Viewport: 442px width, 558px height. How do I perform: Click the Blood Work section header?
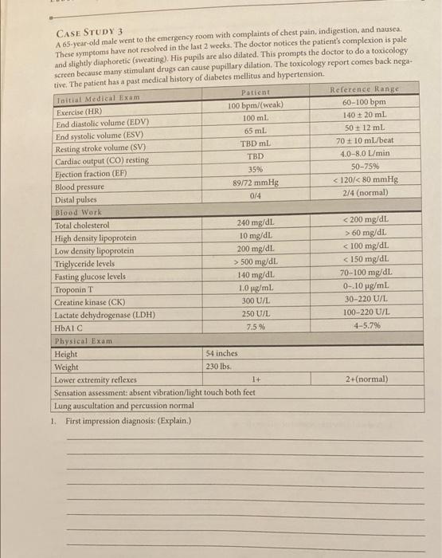[76, 213]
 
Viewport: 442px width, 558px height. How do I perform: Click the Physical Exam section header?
[82, 341]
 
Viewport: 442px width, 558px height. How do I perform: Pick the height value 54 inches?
[222, 353]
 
